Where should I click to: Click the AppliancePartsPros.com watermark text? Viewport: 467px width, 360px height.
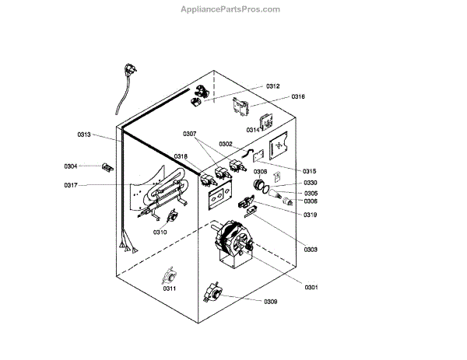pos(230,9)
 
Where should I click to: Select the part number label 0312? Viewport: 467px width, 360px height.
pos(272,86)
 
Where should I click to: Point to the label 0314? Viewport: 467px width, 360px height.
pos(253,130)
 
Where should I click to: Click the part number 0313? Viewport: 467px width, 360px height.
pos(84,135)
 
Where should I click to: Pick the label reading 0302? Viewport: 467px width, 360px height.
pos(226,144)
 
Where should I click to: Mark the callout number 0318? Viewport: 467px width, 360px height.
pos(181,156)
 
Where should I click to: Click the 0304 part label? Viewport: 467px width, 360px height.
pos(71,166)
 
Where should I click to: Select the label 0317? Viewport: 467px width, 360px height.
pos(71,185)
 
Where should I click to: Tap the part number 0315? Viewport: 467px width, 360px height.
pos(310,171)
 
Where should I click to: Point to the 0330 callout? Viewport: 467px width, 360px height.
pos(310,183)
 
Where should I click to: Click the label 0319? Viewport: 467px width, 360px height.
pos(310,215)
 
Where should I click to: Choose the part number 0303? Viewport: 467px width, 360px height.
pos(310,250)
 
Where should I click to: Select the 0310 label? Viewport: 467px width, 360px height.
pos(160,232)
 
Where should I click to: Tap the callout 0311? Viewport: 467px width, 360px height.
pos(169,288)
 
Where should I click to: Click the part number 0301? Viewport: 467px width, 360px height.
pos(310,288)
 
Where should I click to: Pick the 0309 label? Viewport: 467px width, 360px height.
pos(270,302)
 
